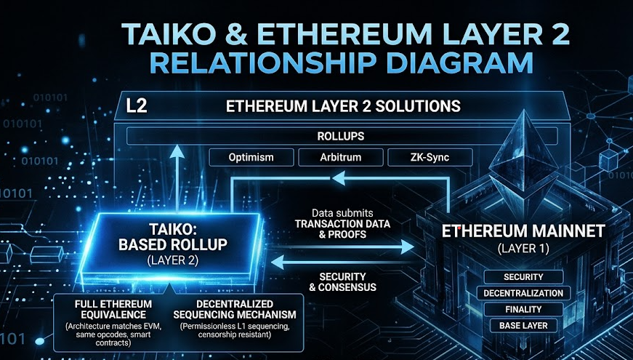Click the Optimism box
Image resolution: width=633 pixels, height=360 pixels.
tap(251, 157)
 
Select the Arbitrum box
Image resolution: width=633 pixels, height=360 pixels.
tap(341, 157)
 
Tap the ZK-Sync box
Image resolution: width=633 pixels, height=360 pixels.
tap(430, 157)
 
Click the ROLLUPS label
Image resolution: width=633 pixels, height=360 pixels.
tap(341, 136)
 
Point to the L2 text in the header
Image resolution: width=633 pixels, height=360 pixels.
tap(137, 106)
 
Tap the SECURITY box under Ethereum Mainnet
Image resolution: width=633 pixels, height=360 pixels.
tap(523, 277)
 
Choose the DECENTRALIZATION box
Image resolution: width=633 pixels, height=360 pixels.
tap(523, 293)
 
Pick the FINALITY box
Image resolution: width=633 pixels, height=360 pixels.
tap(523, 309)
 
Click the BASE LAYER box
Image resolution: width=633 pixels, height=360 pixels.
tap(523, 325)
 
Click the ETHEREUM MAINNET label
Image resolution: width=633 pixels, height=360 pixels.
tap(523, 231)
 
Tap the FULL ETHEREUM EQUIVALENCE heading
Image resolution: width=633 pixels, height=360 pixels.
tap(113, 309)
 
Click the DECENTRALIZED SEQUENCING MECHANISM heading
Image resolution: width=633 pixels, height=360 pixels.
tap(235, 309)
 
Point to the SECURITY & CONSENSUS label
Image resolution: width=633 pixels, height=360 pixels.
tap(342, 282)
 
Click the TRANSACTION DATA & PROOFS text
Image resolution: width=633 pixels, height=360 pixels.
tap(342, 229)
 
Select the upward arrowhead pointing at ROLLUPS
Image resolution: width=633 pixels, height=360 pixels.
tap(177, 152)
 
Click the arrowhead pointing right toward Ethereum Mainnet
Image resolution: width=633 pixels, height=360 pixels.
tap(407, 247)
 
